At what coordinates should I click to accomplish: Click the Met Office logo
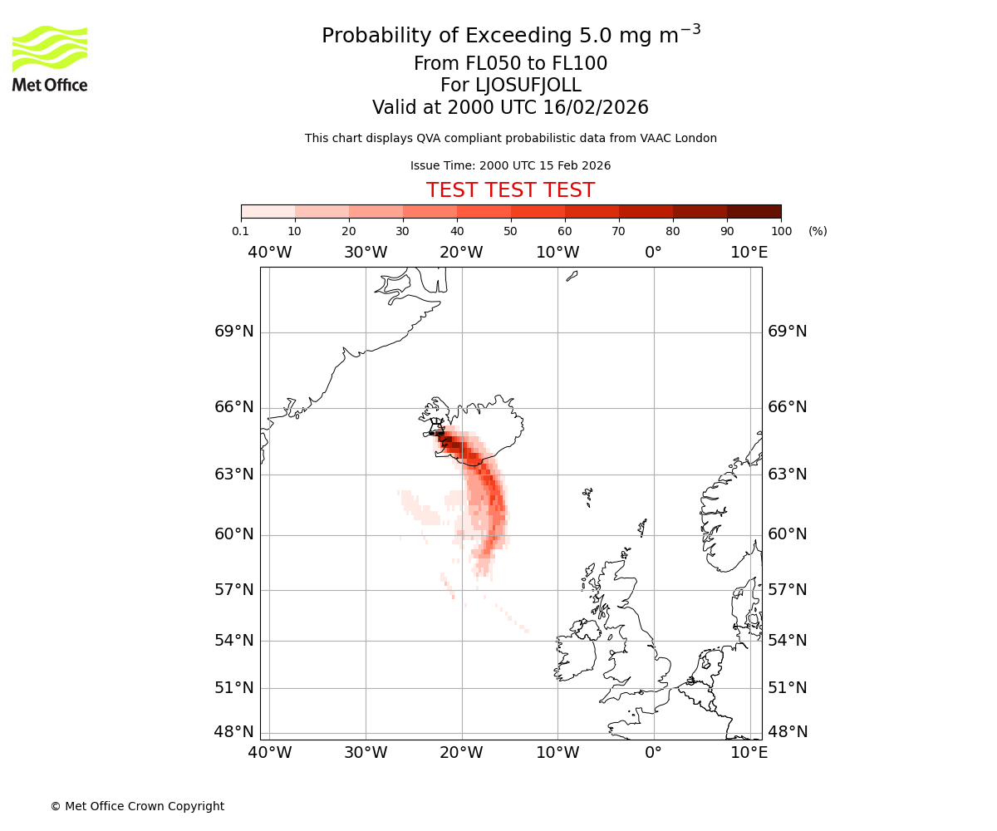[x=50, y=58]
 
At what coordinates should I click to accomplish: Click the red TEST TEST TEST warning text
[x=510, y=190]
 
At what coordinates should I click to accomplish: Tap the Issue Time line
[x=510, y=165]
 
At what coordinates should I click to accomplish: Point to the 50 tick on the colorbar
[x=511, y=231]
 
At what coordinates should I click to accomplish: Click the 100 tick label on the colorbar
[x=781, y=231]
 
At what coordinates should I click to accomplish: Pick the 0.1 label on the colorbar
[x=241, y=231]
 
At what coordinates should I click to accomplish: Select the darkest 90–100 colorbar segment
[x=754, y=211]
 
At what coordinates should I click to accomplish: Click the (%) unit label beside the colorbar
[x=818, y=231]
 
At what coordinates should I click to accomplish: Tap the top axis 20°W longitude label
[x=461, y=253]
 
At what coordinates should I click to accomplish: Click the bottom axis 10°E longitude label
[x=749, y=753]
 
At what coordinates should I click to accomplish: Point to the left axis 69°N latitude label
[x=234, y=332]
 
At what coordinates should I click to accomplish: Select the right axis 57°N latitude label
[x=787, y=590]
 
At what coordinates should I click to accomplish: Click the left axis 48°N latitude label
[x=234, y=732]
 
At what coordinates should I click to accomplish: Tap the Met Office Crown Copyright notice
[x=137, y=806]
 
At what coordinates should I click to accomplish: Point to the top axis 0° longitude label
[x=654, y=253]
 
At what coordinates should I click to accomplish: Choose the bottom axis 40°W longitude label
[x=270, y=753]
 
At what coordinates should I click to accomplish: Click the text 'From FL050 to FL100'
[x=510, y=64]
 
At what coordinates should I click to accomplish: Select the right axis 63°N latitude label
[x=787, y=475]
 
